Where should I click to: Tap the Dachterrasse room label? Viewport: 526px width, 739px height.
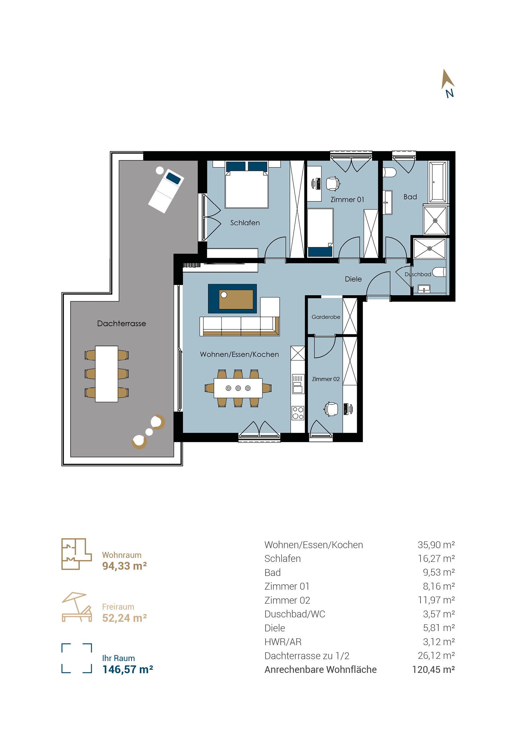pos(121,323)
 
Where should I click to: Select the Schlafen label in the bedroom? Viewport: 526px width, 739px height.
pos(245,223)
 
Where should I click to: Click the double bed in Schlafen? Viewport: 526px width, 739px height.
pos(247,185)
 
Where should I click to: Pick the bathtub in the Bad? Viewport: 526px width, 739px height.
pos(438,182)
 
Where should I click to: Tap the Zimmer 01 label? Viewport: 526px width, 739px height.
pos(347,200)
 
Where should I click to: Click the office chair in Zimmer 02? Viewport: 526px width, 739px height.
pos(331,409)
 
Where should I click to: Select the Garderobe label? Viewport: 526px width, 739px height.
pos(326,317)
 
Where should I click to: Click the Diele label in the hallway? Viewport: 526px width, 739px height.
pos(353,279)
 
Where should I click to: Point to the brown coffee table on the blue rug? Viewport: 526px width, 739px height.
pos(236,300)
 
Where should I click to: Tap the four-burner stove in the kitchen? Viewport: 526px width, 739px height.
pos(298,413)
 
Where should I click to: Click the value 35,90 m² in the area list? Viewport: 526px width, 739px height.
pos(436,545)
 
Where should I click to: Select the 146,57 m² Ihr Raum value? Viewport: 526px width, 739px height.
pos(128,669)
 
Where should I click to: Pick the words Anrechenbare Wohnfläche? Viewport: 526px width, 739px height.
pos(320,669)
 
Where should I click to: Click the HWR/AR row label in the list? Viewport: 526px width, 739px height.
pos(283,642)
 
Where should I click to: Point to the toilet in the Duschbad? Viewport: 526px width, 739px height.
pos(440,272)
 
